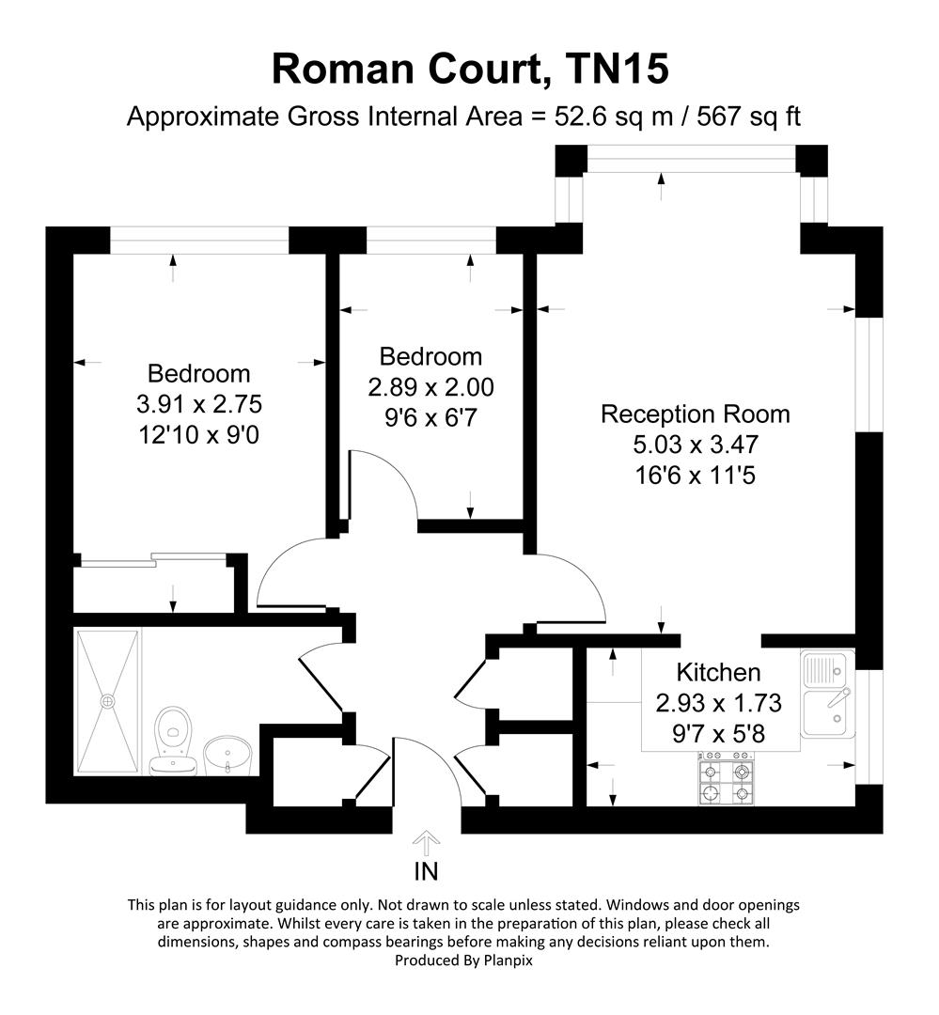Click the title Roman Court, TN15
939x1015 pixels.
click(470, 70)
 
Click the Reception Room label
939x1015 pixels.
click(695, 414)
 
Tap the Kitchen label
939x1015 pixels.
click(719, 672)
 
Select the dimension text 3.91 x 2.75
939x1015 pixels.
click(198, 404)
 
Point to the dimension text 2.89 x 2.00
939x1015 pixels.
click(431, 387)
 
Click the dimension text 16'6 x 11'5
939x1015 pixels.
click(695, 475)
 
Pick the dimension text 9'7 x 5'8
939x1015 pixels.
click(719, 733)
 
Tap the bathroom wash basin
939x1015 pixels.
click(227, 754)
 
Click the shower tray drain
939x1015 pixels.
click(108, 700)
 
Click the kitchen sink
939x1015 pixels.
click(827, 695)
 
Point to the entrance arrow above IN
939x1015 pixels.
click(427, 840)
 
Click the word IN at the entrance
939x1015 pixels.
click(427, 871)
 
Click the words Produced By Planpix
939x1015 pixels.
click(469, 960)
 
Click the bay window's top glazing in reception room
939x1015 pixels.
click(692, 159)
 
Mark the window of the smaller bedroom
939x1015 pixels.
click(430, 241)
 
